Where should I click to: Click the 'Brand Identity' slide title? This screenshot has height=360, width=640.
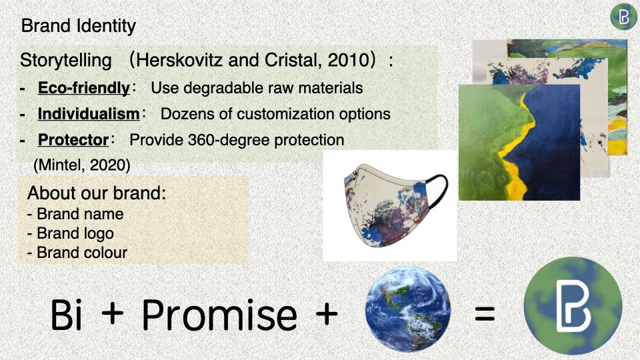(79, 26)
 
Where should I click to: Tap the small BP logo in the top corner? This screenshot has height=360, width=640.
(624, 17)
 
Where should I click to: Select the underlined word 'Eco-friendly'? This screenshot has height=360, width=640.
(84, 88)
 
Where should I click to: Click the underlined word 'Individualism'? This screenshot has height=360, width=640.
(89, 114)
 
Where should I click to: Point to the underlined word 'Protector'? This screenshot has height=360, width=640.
(73, 140)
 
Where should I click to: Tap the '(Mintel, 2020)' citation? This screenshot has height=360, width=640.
(81, 165)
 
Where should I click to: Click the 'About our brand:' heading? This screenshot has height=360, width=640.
(97, 193)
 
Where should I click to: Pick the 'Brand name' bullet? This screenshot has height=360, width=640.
(75, 214)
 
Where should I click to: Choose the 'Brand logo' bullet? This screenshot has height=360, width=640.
(71, 233)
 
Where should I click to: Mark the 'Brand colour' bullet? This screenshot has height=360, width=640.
(77, 253)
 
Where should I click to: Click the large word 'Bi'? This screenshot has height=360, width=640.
(66, 314)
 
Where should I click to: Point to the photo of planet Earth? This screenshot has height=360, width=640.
(408, 309)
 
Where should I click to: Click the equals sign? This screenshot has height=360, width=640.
(485, 314)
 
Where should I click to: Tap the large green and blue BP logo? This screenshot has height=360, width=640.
(573, 305)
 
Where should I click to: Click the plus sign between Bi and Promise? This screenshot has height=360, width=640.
(112, 313)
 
